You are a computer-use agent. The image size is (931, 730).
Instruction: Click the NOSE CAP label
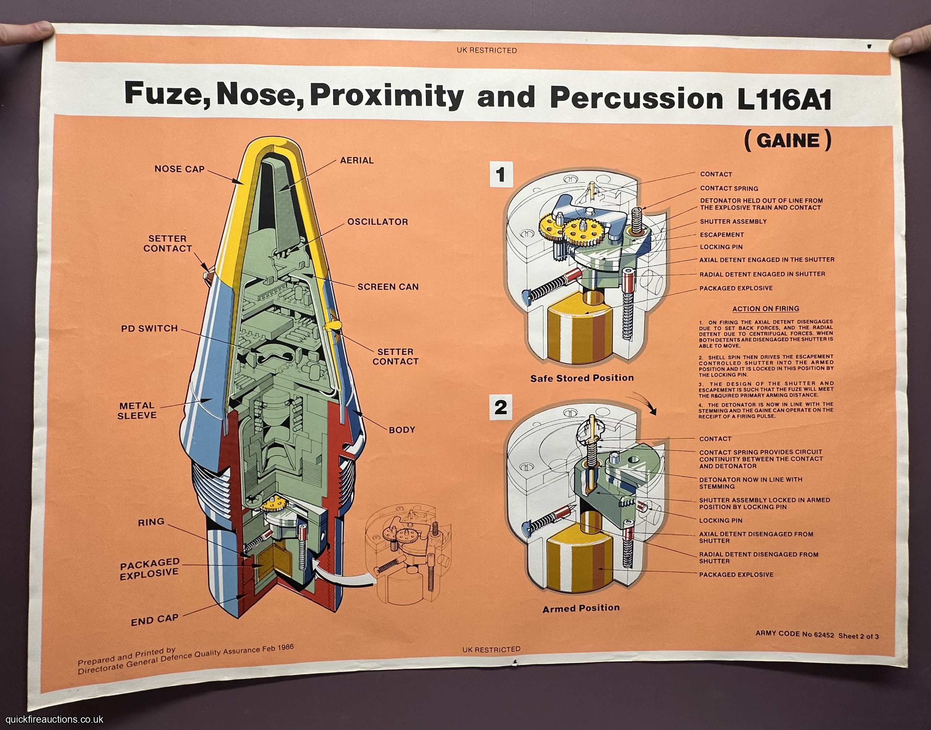(179, 169)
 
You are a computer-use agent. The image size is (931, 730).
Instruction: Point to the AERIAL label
(357, 160)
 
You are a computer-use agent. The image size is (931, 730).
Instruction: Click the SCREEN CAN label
(388, 287)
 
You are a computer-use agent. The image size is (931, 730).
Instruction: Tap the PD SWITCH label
(149, 328)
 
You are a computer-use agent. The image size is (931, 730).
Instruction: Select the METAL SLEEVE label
(137, 410)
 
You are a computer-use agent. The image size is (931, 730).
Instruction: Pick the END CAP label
(155, 620)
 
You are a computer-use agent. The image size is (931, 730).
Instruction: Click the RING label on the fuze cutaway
(151, 522)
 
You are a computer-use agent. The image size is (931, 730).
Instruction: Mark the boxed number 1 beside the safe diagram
(501, 175)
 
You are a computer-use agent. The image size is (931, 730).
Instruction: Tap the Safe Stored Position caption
(582, 378)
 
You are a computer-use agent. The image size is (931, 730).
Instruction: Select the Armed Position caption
(581, 608)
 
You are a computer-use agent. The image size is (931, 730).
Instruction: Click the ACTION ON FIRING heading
(766, 308)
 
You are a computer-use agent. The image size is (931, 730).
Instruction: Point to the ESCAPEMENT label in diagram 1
(722, 235)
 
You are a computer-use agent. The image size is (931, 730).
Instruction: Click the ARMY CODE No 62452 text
(795, 634)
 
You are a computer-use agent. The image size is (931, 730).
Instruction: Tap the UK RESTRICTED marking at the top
(487, 51)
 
